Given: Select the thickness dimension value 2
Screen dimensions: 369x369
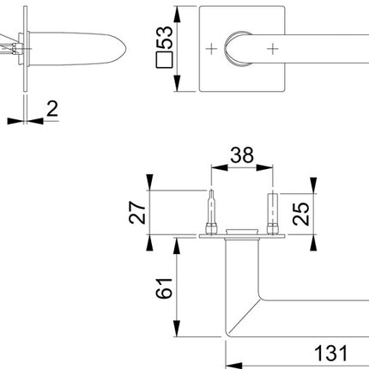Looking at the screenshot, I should coord(52,108).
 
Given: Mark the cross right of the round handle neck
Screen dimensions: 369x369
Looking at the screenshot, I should coord(274,48).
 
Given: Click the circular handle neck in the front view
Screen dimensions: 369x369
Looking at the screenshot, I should coord(235,48).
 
